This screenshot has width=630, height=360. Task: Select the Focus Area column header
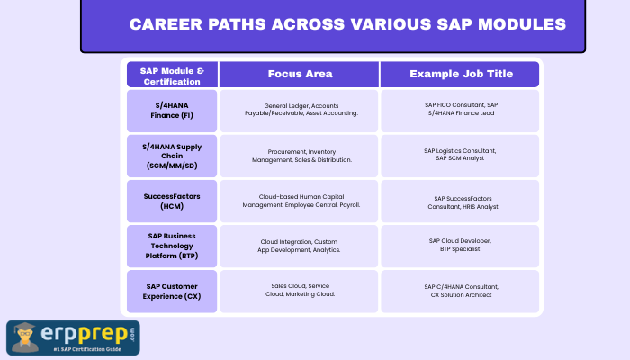point(300,74)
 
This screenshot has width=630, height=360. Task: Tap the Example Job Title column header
point(460,74)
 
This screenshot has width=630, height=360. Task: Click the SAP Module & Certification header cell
point(172,75)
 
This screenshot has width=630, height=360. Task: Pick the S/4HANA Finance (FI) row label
point(172,110)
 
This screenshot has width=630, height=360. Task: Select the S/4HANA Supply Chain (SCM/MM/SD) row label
point(172,155)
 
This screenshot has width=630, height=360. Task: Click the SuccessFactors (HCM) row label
point(172,200)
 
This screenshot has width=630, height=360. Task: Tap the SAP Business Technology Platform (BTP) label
point(172,246)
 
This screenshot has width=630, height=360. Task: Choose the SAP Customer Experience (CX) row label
point(172,291)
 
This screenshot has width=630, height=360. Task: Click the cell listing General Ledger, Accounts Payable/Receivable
point(300,110)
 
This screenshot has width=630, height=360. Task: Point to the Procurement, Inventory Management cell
point(300,155)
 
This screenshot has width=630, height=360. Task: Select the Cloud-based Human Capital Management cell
point(300,200)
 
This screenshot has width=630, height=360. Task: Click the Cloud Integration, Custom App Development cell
point(300,246)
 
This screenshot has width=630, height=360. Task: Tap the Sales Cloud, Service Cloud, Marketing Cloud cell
point(300,291)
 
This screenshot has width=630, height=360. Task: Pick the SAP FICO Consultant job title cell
point(460,110)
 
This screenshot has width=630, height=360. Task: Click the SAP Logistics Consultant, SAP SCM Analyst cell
point(460,155)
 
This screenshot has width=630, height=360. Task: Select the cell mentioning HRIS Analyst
point(460,202)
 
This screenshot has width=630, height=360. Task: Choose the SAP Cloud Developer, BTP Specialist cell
point(460,246)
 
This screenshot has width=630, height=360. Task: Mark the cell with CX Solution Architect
point(460,291)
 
